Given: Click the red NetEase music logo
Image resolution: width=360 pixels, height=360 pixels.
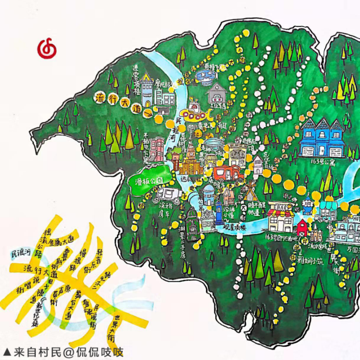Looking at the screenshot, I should pos(47,49).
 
